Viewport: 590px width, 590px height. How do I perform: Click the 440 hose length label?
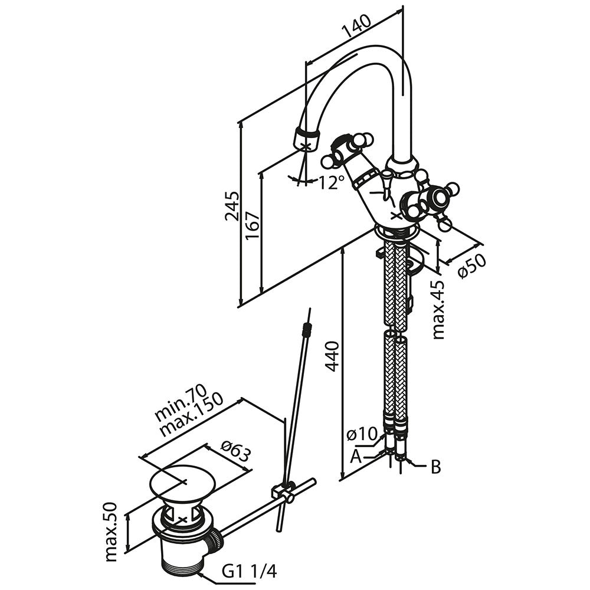coord(332,356)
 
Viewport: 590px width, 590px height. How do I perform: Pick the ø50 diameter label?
coord(471,265)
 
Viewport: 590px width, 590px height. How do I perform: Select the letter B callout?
coord(435,467)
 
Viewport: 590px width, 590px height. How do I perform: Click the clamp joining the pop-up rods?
coord(283,491)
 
